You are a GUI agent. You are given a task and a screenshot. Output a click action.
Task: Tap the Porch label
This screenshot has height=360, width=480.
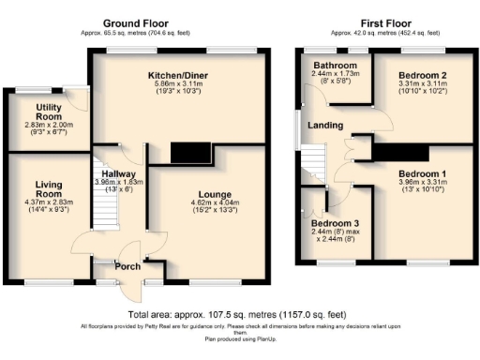tap(127, 266)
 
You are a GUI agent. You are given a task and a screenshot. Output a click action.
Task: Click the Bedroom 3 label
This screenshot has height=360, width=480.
tap(335, 224)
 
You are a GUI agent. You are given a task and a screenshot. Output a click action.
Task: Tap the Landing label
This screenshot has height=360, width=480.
tap(327, 127)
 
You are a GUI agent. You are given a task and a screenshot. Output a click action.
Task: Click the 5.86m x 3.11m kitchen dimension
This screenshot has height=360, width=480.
tap(176, 82)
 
